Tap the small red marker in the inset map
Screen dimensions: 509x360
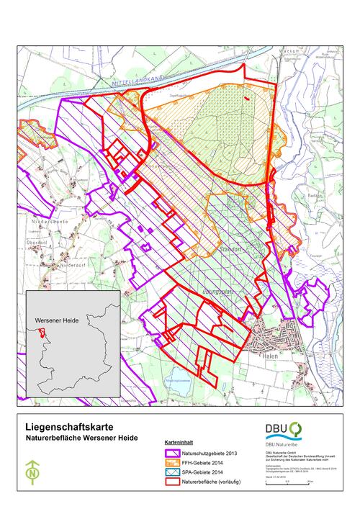click(x=42, y=333)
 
